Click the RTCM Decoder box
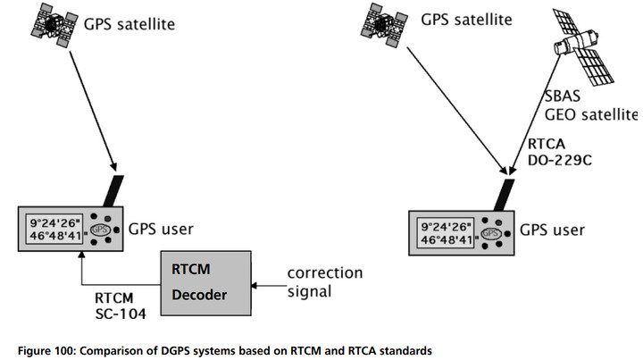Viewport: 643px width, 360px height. click(205, 283)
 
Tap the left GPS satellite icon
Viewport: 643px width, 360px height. click(54, 25)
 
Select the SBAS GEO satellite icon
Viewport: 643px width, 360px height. click(583, 47)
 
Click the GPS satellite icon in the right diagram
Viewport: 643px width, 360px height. click(384, 25)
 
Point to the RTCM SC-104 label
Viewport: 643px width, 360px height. click(121, 306)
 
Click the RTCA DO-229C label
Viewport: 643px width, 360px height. click(559, 152)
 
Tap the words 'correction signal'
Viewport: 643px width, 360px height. click(325, 282)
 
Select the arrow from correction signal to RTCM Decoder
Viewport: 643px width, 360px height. click(269, 285)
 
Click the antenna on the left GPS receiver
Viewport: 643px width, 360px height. click(113, 191)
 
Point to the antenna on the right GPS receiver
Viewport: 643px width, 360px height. click(504, 195)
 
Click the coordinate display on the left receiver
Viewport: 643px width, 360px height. click(54, 229)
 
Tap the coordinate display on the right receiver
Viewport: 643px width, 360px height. click(446, 233)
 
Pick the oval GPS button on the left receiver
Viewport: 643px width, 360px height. click(100, 230)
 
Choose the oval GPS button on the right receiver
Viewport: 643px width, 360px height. click(491, 234)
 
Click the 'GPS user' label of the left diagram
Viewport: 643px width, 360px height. click(161, 229)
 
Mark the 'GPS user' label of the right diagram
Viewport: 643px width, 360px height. click(552, 230)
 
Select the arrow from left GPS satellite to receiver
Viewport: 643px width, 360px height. click(93, 111)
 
